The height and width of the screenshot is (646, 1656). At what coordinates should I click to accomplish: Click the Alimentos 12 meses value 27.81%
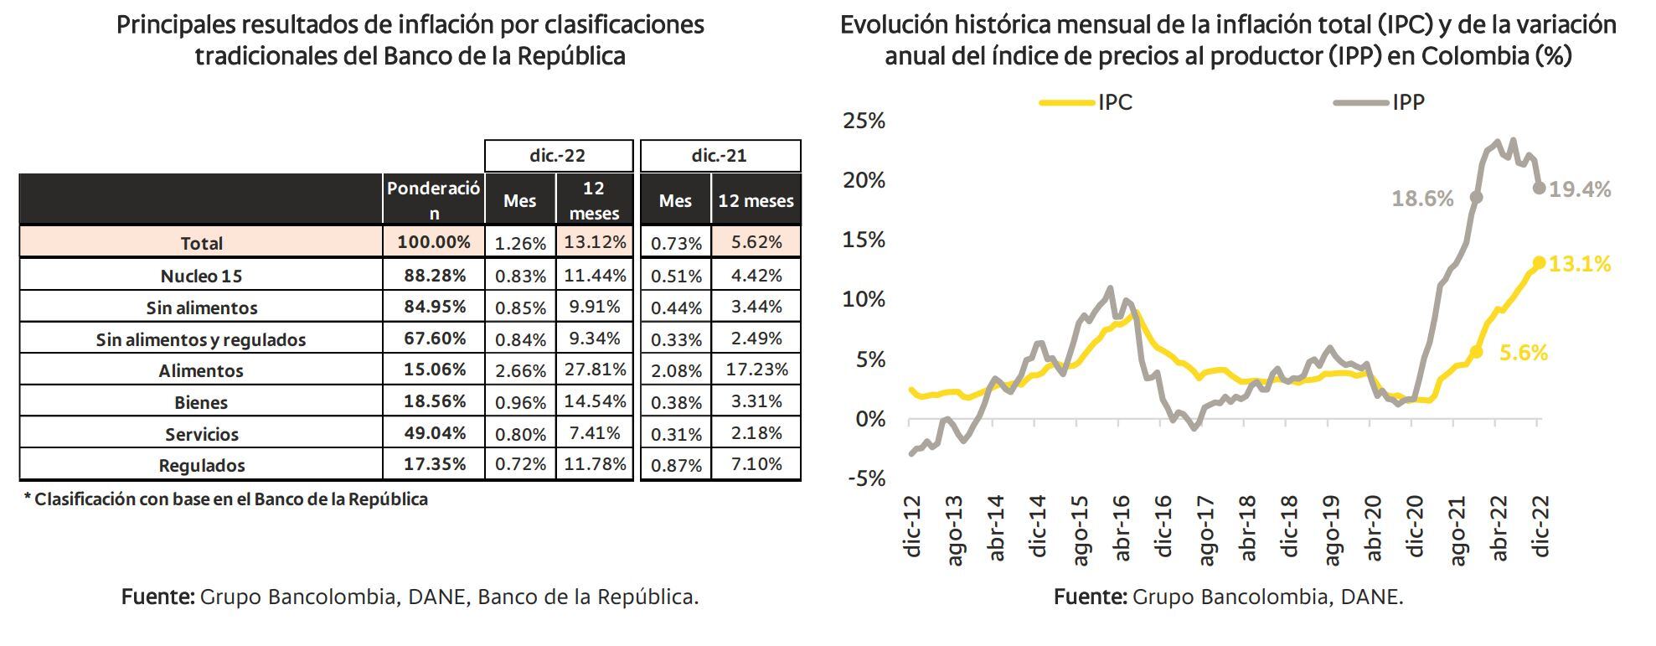(595, 370)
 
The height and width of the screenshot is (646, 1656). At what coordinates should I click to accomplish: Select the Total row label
(201, 243)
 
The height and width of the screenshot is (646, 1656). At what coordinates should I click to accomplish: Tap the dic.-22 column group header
(558, 156)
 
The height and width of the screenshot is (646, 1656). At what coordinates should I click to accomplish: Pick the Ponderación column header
(433, 200)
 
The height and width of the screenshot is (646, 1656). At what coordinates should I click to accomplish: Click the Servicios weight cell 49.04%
(434, 433)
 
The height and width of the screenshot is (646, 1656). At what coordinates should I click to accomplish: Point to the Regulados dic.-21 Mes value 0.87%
(676, 465)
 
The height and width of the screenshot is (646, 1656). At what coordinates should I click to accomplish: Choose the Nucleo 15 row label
(201, 276)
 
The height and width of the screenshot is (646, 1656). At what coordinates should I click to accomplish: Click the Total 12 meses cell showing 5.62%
(756, 242)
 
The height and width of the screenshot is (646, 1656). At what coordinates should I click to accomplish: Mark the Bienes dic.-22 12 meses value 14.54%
(595, 401)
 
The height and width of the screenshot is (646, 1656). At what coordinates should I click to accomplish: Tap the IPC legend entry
(1087, 102)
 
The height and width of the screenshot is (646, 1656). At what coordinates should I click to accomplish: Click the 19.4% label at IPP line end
(1580, 190)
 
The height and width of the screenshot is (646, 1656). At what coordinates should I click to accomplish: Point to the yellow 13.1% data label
(1580, 265)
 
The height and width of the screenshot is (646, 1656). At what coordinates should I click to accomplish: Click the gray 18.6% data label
(1422, 199)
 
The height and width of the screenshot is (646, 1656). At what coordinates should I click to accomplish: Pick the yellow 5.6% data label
(1523, 354)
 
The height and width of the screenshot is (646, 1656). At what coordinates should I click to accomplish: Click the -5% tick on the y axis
(865, 478)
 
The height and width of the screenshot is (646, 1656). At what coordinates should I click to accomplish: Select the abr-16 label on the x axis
(1122, 528)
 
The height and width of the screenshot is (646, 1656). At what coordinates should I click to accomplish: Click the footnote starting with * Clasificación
(226, 499)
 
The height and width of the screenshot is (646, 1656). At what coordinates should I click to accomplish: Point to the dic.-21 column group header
(720, 156)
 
